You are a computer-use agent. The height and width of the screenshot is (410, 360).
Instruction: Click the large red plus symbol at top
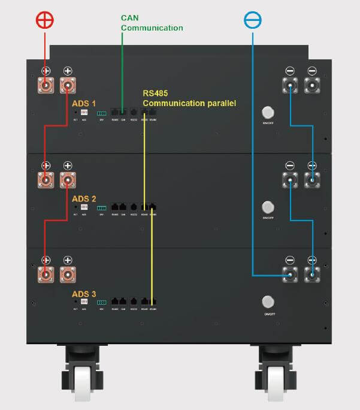(x=45, y=19)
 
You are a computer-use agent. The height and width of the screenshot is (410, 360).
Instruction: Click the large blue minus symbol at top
(x=253, y=19)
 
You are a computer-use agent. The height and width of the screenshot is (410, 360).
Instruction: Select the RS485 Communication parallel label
(x=189, y=98)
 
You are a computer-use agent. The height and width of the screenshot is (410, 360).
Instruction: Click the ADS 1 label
(x=83, y=103)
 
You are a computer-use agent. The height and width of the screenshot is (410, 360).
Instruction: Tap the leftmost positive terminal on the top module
(x=46, y=85)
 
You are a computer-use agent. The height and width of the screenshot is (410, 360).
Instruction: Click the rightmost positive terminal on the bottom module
(x=68, y=276)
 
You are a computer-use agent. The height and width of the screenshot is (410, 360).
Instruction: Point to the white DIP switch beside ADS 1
(x=84, y=112)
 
